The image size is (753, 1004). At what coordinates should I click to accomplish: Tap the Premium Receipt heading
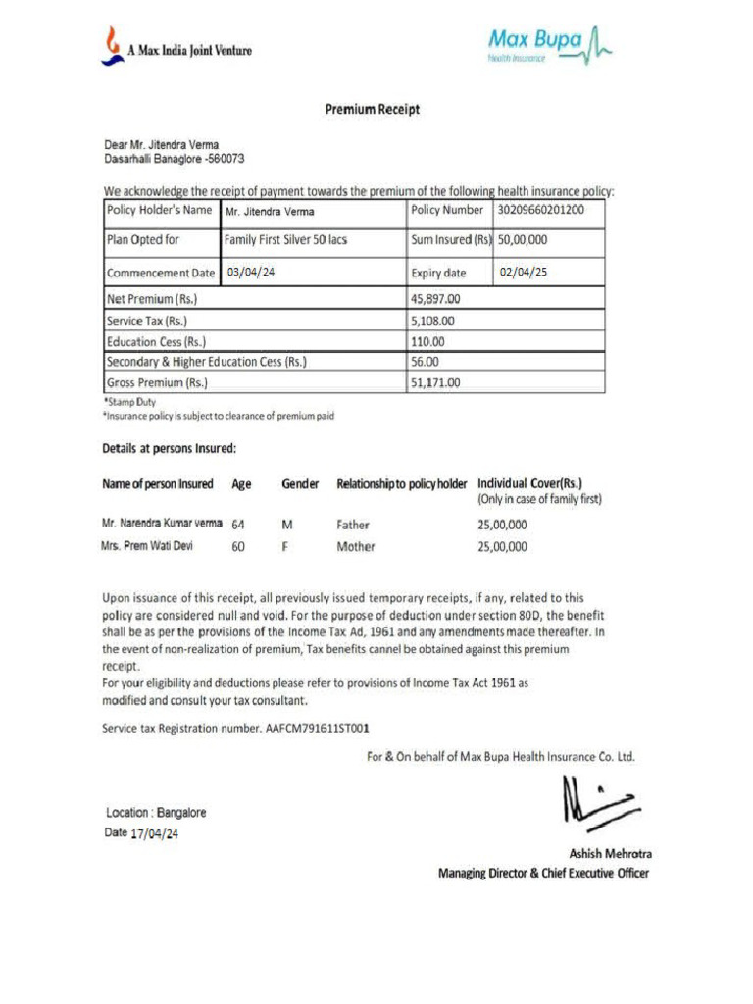click(x=373, y=110)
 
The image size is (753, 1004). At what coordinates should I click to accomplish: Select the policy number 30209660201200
click(x=541, y=210)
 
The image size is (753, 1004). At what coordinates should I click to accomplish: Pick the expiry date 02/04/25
click(x=524, y=273)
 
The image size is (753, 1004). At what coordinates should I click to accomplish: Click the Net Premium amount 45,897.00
click(x=435, y=299)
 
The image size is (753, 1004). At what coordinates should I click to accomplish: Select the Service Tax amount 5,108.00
click(x=432, y=321)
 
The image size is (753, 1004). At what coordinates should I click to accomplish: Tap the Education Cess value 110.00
click(x=427, y=342)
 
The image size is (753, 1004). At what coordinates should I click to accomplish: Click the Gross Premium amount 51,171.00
click(x=435, y=383)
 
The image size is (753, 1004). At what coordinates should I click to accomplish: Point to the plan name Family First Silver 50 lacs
click(x=285, y=239)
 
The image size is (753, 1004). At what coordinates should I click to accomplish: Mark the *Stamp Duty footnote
click(x=129, y=401)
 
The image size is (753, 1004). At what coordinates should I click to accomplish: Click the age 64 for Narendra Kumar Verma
click(x=238, y=525)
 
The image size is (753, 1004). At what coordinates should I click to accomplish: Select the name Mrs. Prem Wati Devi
click(x=147, y=546)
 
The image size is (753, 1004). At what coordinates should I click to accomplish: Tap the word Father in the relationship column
click(x=353, y=525)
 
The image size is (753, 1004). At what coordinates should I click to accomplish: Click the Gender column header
click(x=300, y=484)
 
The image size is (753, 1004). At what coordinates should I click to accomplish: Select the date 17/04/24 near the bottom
click(x=155, y=834)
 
